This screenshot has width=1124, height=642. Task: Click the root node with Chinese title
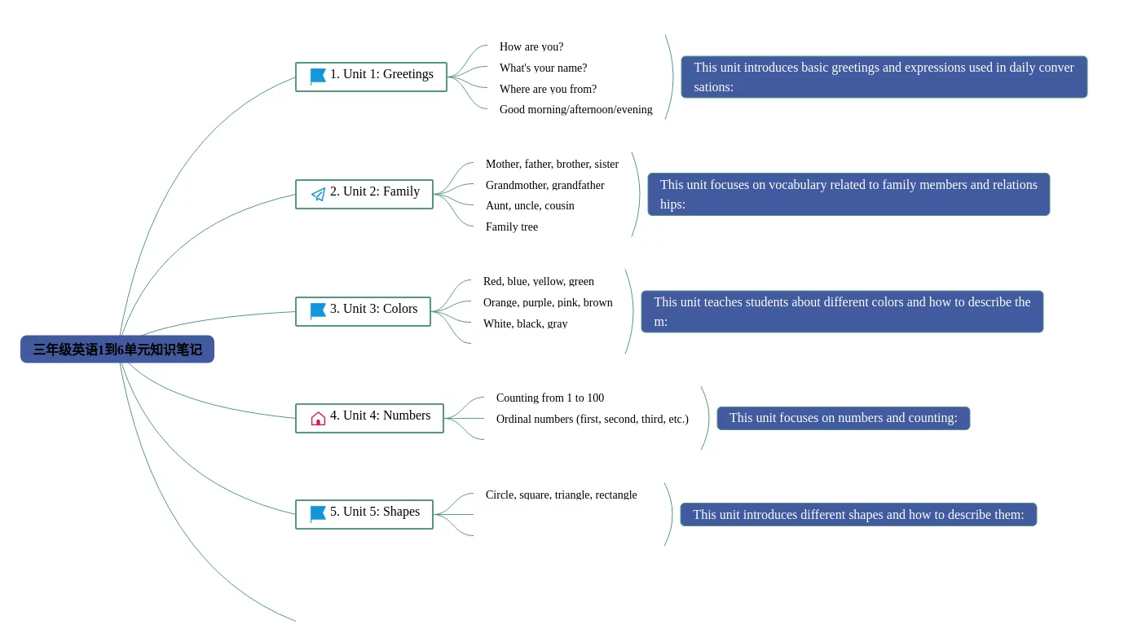[117, 349]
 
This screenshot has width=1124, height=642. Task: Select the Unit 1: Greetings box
[371, 77]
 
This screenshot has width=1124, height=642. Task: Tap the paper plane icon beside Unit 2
[318, 194]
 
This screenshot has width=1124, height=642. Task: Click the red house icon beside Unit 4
[318, 418]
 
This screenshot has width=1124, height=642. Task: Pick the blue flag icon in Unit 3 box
[318, 311]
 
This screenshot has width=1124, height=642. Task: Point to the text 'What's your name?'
[543, 68]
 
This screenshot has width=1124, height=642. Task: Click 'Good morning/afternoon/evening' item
[576, 109]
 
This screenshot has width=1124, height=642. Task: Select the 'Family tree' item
[512, 226]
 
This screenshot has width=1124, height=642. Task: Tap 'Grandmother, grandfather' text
[545, 185]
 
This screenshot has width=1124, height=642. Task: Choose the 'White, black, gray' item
[526, 323]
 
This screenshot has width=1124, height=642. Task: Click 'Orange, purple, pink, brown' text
[548, 302]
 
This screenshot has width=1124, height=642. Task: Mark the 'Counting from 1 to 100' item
[550, 398]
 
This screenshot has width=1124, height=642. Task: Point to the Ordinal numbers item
[592, 419]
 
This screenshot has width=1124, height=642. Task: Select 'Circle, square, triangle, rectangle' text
[561, 495]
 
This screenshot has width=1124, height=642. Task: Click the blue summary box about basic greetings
[884, 77]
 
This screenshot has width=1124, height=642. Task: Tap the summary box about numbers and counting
[843, 418]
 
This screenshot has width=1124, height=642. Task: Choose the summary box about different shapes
[858, 515]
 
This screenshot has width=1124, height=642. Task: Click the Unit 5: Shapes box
[364, 514]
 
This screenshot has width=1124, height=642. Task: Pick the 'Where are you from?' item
[548, 89]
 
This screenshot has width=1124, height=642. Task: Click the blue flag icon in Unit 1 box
[318, 77]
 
